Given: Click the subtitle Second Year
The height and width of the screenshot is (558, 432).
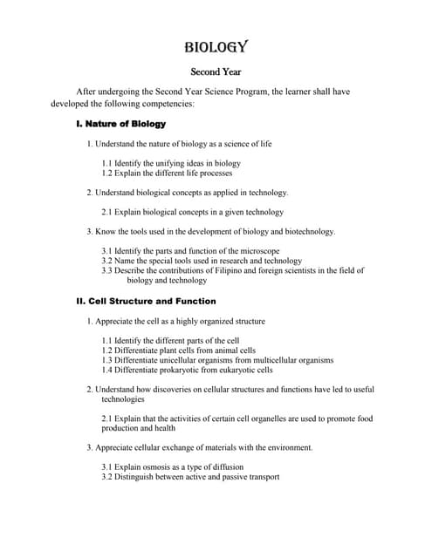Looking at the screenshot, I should [x=216, y=72].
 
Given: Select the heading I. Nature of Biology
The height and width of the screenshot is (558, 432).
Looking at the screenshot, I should [x=121, y=124].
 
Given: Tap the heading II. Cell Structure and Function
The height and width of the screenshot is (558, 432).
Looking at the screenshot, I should [x=146, y=301].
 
